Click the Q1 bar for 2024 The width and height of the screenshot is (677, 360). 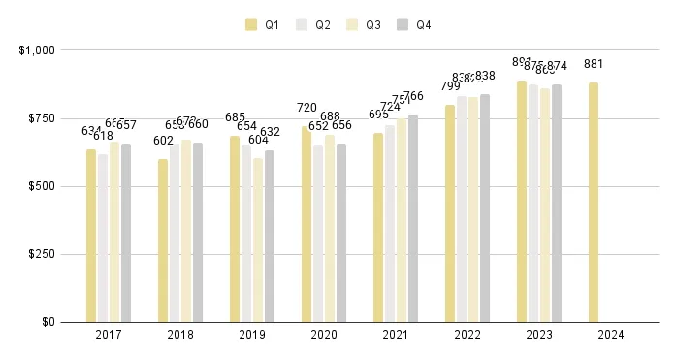[x=594, y=202]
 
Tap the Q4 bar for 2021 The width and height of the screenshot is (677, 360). [x=413, y=218]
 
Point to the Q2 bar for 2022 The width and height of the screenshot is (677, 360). [x=462, y=209]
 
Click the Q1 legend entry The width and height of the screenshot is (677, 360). [x=263, y=25]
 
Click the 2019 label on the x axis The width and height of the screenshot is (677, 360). [x=251, y=335]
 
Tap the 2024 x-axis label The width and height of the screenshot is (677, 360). [x=610, y=335]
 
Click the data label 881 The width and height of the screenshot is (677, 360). [x=594, y=64]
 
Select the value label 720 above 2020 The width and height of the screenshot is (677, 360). [x=306, y=108]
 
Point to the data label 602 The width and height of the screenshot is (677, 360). [x=163, y=140]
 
